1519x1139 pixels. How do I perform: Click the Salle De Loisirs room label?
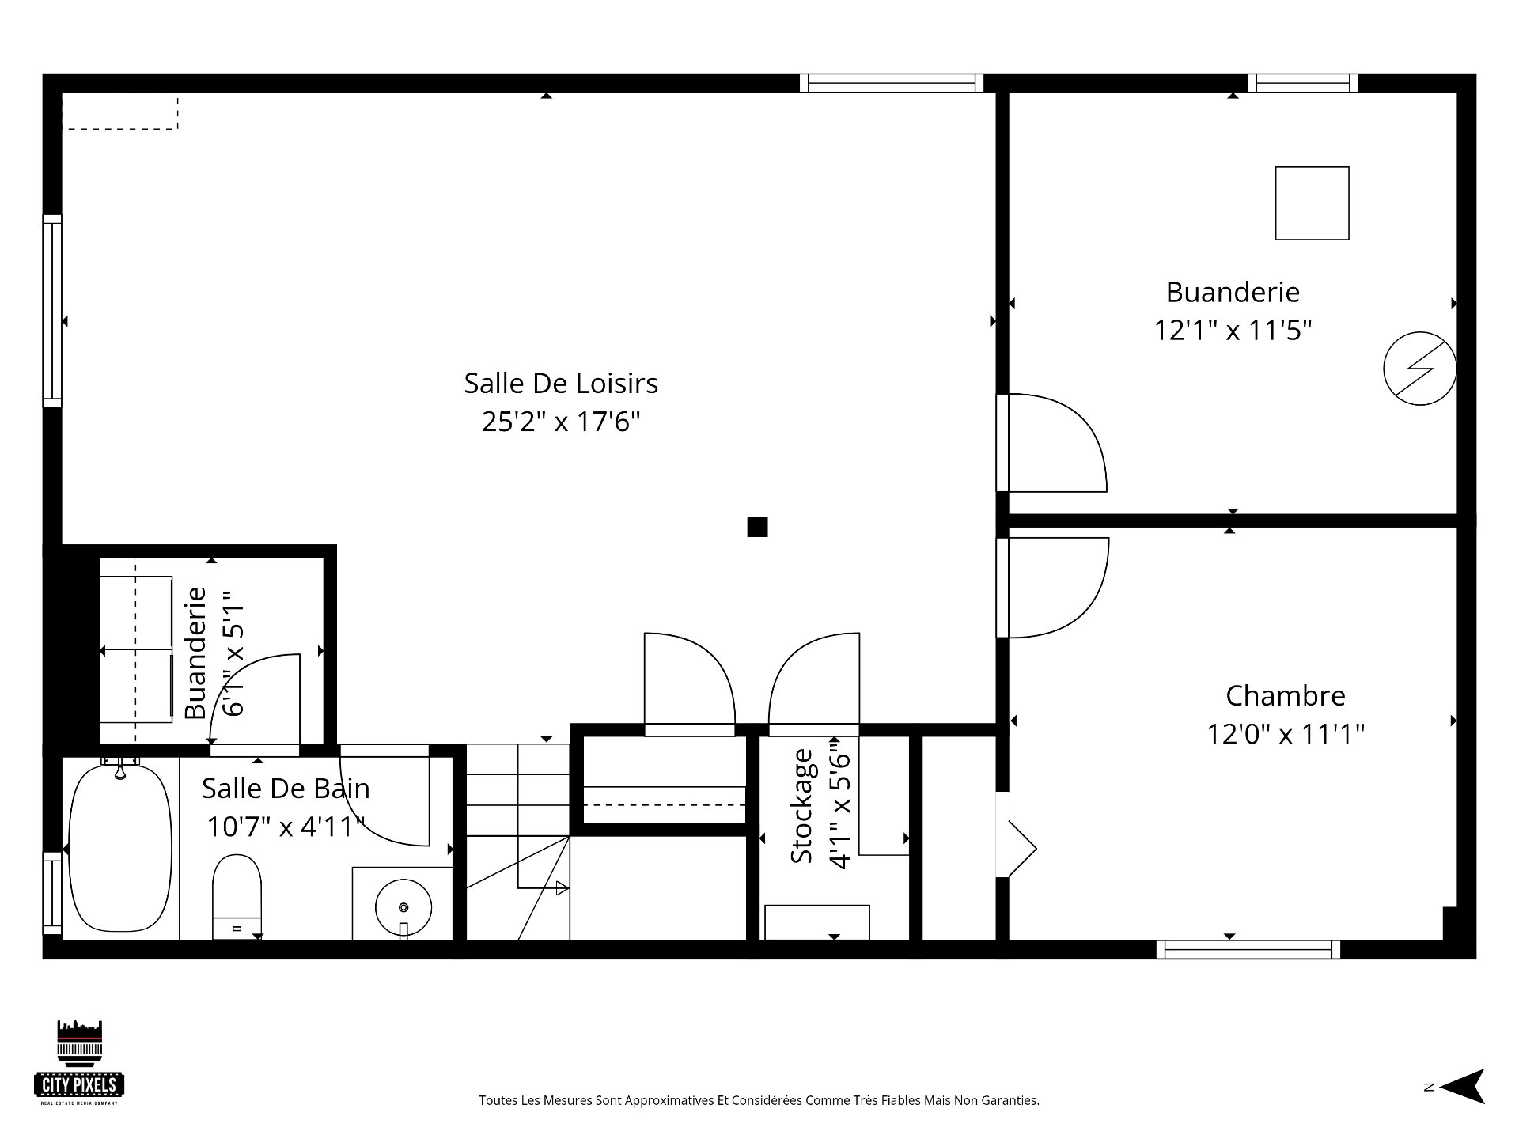point(561,384)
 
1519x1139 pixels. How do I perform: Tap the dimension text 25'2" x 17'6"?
point(561,422)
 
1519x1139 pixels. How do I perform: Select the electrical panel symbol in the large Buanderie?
point(1420,369)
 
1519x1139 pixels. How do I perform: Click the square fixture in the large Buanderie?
point(1312,203)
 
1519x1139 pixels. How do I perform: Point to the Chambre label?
point(1286,696)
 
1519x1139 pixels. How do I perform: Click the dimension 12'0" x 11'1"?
point(1286,735)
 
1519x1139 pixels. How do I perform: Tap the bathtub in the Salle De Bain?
point(120,848)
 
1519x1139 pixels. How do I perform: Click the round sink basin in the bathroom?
point(403,907)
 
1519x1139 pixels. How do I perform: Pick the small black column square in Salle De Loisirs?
point(757,527)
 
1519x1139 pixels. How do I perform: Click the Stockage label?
point(801,806)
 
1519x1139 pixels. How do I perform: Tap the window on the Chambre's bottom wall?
point(1248,949)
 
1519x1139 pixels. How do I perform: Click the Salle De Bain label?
point(286,789)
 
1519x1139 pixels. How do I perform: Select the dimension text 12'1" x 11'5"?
point(1233,331)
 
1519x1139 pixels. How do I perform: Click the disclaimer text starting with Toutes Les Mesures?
point(759,1100)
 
